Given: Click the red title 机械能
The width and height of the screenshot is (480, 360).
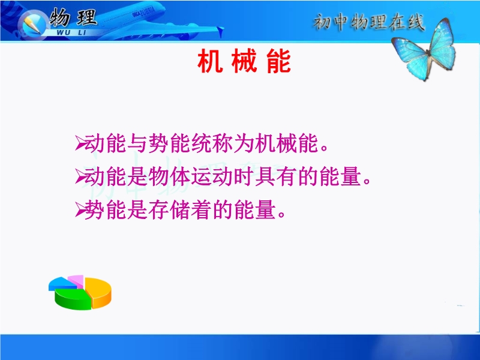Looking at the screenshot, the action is coord(244,62).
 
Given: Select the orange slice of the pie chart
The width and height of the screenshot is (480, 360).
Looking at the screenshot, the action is coord(98,292).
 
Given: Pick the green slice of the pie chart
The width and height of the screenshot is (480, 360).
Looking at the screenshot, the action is coord(73,299).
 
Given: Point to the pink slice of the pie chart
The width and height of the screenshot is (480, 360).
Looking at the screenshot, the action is coord(76,280).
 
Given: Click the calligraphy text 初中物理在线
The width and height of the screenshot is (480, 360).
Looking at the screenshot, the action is coord(369,22).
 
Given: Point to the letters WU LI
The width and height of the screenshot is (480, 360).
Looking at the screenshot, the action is coord(71,32).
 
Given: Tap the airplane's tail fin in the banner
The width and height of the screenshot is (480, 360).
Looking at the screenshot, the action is coord(220,31).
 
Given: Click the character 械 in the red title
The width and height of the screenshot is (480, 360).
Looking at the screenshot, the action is coord(244,62).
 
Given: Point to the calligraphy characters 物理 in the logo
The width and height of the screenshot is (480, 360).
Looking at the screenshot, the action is coord(73,17).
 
